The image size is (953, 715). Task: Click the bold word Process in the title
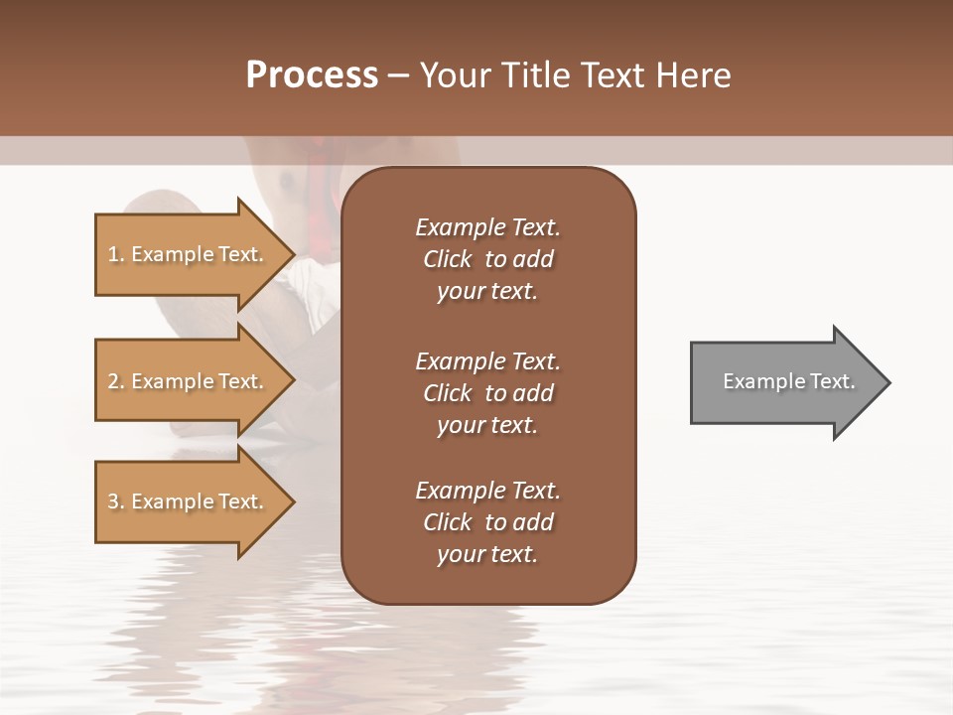pyautogui.click(x=312, y=75)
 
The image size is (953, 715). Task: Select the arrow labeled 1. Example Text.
pyautogui.click(x=189, y=255)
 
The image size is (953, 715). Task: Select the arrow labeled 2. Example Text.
pyautogui.click(x=189, y=381)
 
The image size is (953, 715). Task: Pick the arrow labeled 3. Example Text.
pyautogui.click(x=189, y=501)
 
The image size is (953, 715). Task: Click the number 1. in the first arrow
pyautogui.click(x=116, y=255)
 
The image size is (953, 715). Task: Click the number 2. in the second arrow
pyautogui.click(x=116, y=381)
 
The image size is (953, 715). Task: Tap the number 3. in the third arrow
pyautogui.click(x=116, y=501)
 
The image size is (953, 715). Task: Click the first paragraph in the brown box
pyautogui.click(x=487, y=259)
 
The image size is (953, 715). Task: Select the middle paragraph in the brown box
pyautogui.click(x=487, y=392)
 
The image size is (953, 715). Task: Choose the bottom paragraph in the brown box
pyautogui.click(x=487, y=522)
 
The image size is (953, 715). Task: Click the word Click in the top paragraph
pyautogui.click(x=448, y=259)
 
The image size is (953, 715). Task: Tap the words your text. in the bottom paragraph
pyautogui.click(x=487, y=554)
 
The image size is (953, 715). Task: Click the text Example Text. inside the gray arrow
pyautogui.click(x=789, y=381)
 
